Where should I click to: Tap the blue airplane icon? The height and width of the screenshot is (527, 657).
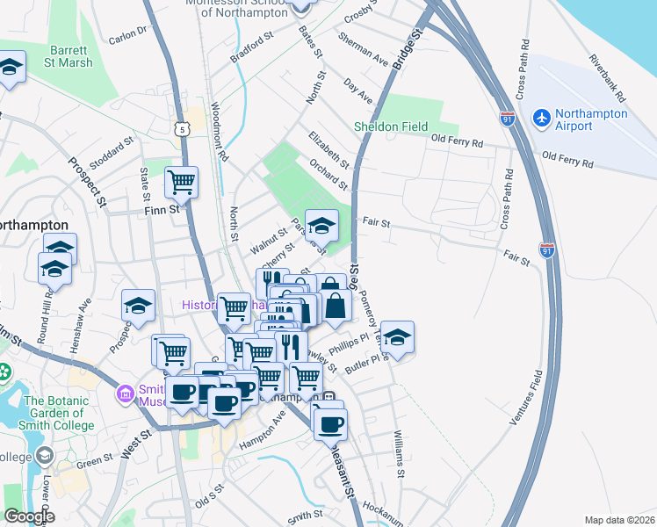[541, 116]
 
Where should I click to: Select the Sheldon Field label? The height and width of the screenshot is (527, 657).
[391, 126]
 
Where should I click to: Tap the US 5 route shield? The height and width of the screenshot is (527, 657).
[182, 129]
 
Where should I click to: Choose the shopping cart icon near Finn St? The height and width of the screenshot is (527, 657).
[181, 182]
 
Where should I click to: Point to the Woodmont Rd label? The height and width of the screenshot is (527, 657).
[218, 133]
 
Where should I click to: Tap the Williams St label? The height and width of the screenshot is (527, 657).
[401, 455]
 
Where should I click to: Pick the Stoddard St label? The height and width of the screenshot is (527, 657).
[112, 144]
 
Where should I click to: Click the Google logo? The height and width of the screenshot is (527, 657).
[29, 516]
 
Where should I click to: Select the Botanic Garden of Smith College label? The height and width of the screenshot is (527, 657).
[59, 413]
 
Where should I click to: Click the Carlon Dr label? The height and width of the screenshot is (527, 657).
[127, 36]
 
